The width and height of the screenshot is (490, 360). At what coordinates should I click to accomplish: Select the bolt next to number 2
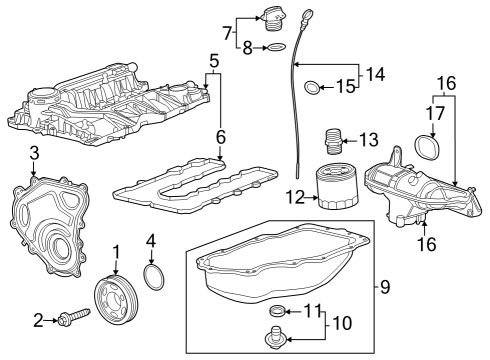72,319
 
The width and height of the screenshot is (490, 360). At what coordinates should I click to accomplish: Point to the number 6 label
219,136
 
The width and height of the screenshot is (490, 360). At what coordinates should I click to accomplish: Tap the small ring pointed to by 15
313,89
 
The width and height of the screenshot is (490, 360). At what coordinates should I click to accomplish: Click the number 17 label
434,113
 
